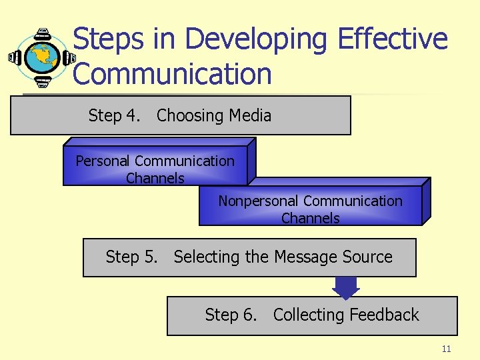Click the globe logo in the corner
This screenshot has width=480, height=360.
pos(41,57)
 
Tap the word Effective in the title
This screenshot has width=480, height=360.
pos(393,39)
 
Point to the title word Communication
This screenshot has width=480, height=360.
pos(172,74)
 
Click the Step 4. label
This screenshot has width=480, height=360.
pos(114,116)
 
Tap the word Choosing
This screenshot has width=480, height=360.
pos(189,116)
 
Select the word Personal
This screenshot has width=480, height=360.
pos(103,161)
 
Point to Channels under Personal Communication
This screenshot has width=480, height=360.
pos(155,178)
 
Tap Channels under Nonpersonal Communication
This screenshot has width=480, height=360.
pos(310,218)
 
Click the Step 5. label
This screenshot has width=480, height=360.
pos(131,257)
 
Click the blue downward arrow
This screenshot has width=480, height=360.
pos(345,287)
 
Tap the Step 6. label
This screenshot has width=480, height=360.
pos(231,315)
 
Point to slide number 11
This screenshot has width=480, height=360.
pos(446,349)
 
